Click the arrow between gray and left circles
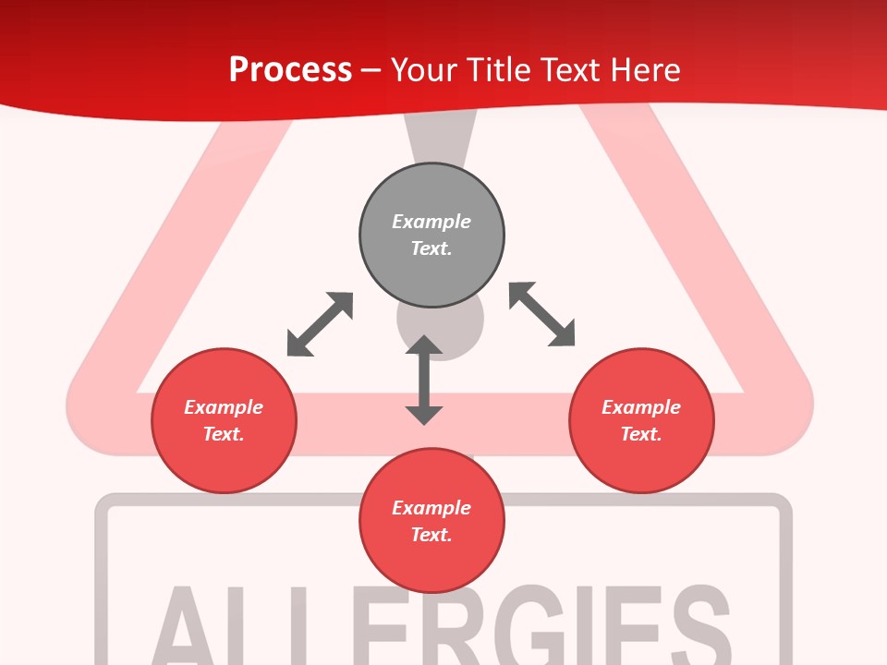point(320,324)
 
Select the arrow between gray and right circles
point(542,314)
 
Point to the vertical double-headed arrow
point(424,380)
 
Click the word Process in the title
point(290,69)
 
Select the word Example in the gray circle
point(431,222)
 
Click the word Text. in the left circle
point(224,434)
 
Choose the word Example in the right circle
point(641,407)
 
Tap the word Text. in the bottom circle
point(431,535)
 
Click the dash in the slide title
point(371,70)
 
